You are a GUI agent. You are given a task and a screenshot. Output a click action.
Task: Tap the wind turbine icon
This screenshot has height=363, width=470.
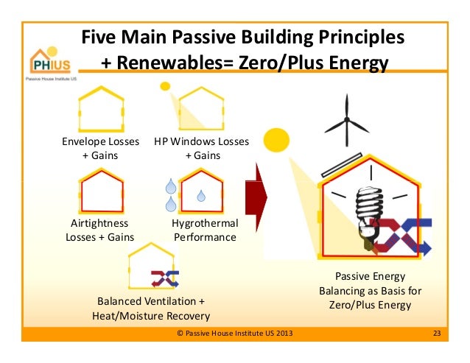pos(348,123)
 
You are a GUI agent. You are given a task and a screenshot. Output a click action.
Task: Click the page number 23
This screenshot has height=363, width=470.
pos(436,334)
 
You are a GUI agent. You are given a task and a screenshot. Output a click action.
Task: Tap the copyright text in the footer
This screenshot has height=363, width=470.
pos(235,334)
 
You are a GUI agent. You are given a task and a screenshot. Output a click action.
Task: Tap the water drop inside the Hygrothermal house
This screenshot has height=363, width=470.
pos(200,196)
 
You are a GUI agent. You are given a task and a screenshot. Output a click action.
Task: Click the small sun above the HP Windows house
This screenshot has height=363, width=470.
pos(165,86)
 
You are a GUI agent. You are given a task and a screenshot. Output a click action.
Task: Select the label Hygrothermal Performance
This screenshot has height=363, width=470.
pos(204,230)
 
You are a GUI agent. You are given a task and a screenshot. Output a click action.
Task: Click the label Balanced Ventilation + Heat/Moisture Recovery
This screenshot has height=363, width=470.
pos(150,309)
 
